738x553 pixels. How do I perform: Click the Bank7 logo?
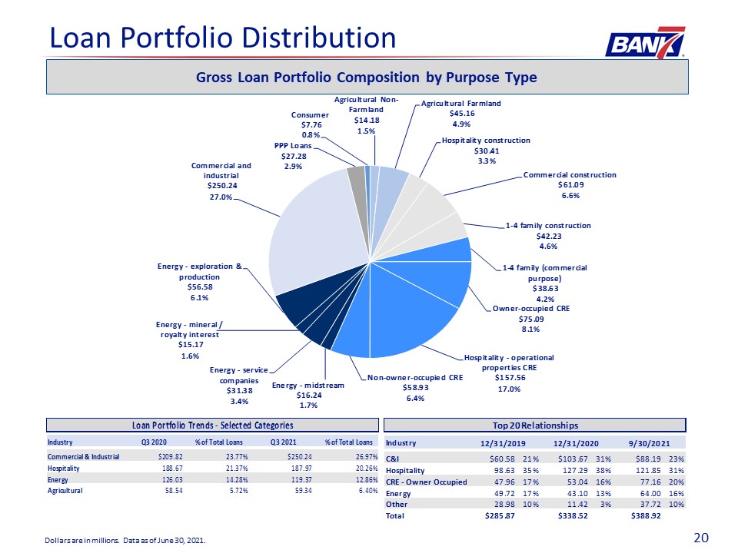[x=645, y=42]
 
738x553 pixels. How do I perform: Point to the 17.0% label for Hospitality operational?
[x=509, y=389]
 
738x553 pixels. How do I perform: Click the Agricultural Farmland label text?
[x=460, y=104]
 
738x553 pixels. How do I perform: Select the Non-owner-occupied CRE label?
[x=415, y=378]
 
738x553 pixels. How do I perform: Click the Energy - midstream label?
[x=307, y=386]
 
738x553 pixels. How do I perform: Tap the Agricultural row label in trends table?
[x=65, y=491]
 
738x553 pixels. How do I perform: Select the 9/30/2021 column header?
[x=649, y=443]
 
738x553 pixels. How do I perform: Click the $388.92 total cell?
[x=646, y=516]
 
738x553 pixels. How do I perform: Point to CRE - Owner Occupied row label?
[x=427, y=482]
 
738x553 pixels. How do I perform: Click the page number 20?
[x=701, y=538]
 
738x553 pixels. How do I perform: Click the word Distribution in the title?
[x=320, y=38]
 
